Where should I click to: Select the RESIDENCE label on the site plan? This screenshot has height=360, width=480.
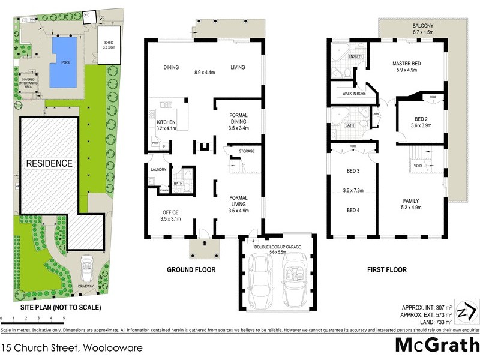click(49, 163)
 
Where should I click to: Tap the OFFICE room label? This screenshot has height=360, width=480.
click(171, 212)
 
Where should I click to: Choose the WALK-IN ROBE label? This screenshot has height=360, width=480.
click(354, 94)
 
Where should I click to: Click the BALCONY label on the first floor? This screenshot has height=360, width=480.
click(424, 26)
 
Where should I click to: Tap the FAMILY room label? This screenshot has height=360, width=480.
click(411, 200)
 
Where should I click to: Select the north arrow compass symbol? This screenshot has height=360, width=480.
click(467, 312)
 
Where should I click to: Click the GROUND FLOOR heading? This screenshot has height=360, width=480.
click(191, 270)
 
